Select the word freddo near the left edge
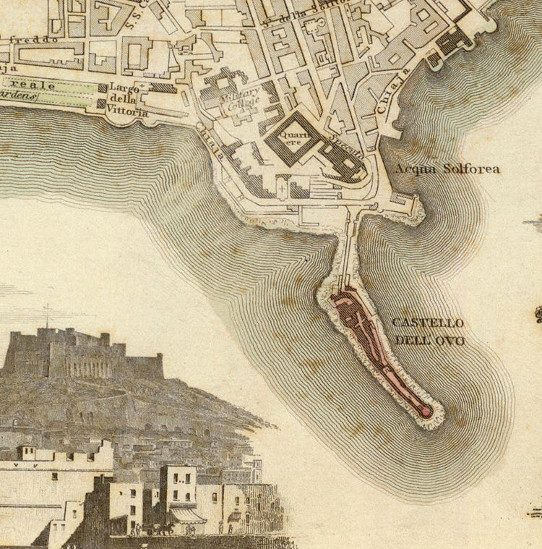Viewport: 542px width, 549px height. coord(32,41)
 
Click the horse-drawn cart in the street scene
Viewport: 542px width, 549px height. coord(160,528)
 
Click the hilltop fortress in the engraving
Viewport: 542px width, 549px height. coord(79,354)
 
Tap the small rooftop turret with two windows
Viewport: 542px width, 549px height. coord(27,453)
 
